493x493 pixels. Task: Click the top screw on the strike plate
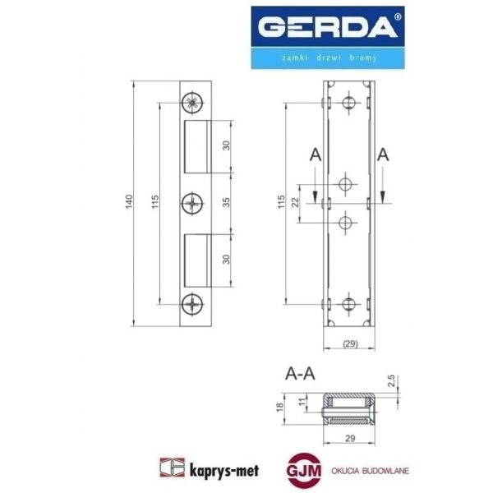[x=192, y=102]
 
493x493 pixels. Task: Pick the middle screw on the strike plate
[x=192, y=202]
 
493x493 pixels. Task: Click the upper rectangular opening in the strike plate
[x=200, y=145]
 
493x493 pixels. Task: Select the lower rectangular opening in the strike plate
[x=200, y=258]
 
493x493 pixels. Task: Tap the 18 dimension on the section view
[x=279, y=408]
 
